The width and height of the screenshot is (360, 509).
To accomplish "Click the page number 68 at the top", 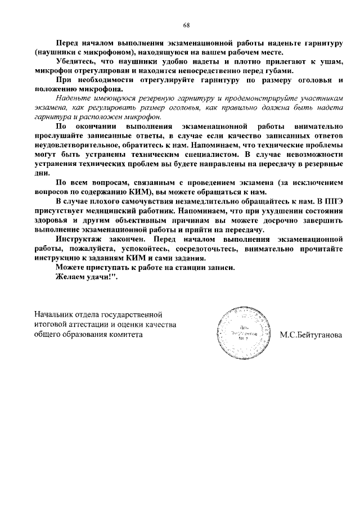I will pos(186,25).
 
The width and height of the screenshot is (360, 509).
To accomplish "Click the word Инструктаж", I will pos(80,240).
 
